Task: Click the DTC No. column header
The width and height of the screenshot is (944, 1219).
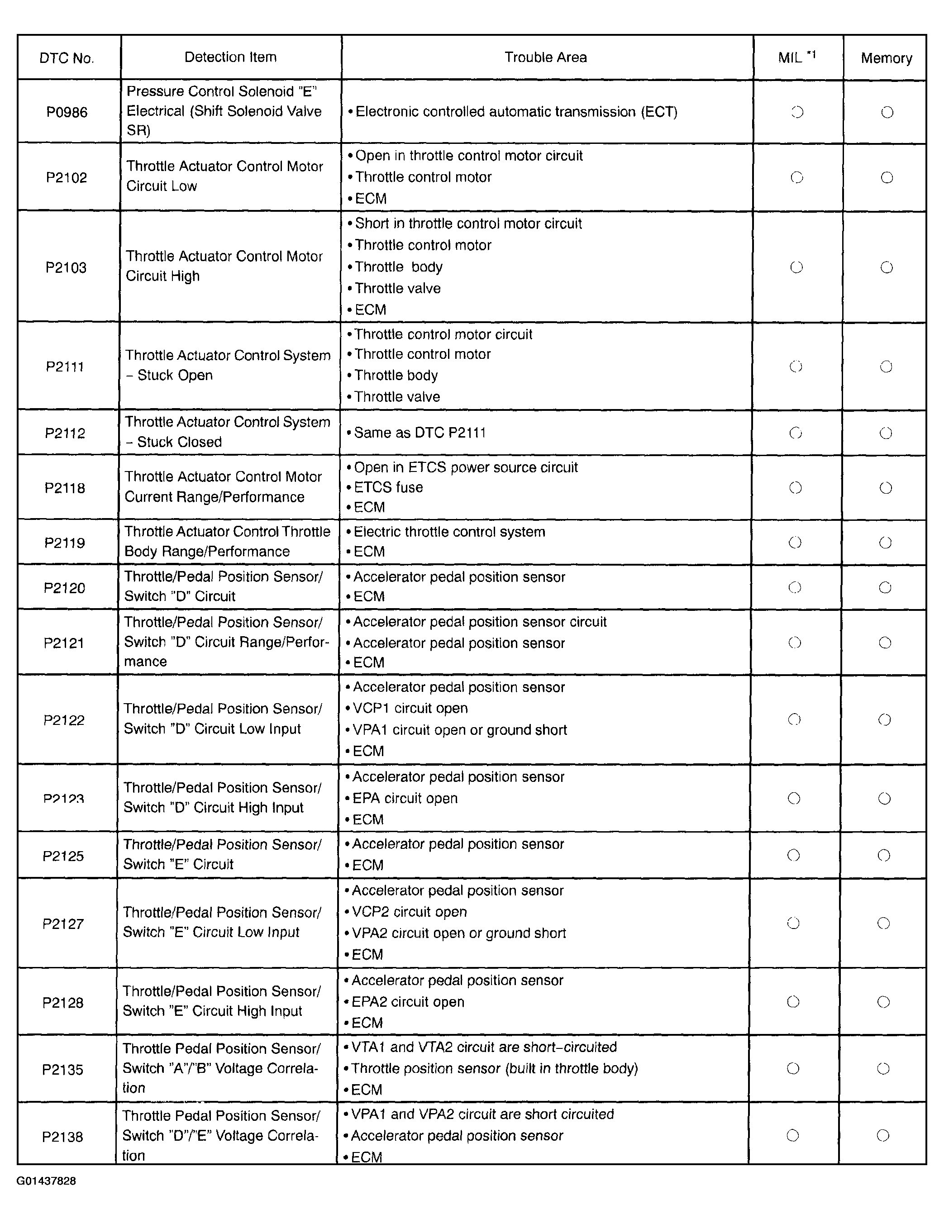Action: [x=67, y=58]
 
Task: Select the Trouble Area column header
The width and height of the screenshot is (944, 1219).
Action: [x=545, y=57]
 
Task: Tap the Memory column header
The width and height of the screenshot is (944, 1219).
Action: [x=886, y=58]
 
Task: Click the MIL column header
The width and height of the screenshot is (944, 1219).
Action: [x=796, y=57]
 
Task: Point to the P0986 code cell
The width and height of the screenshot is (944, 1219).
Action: [x=67, y=112]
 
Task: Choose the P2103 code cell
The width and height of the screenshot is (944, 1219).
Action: [x=66, y=267]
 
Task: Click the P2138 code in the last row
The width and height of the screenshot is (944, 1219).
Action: [x=62, y=1137]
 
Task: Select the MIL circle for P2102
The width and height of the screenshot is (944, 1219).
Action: [x=796, y=177]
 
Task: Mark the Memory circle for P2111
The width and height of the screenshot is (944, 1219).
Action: [x=886, y=367]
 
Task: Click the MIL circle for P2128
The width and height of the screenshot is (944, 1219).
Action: [x=793, y=1002]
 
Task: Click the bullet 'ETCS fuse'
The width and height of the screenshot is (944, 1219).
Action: [x=388, y=487]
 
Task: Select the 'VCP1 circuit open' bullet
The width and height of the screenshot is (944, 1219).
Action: [x=410, y=708]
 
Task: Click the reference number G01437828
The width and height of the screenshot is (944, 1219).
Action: [x=46, y=1181]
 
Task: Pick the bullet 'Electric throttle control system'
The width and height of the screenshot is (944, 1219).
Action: [x=449, y=532]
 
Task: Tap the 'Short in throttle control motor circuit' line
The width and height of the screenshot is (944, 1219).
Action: [x=468, y=224]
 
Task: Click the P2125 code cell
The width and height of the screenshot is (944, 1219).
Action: [x=63, y=856]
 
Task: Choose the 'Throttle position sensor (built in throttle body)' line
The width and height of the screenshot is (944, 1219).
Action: [x=494, y=1068]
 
